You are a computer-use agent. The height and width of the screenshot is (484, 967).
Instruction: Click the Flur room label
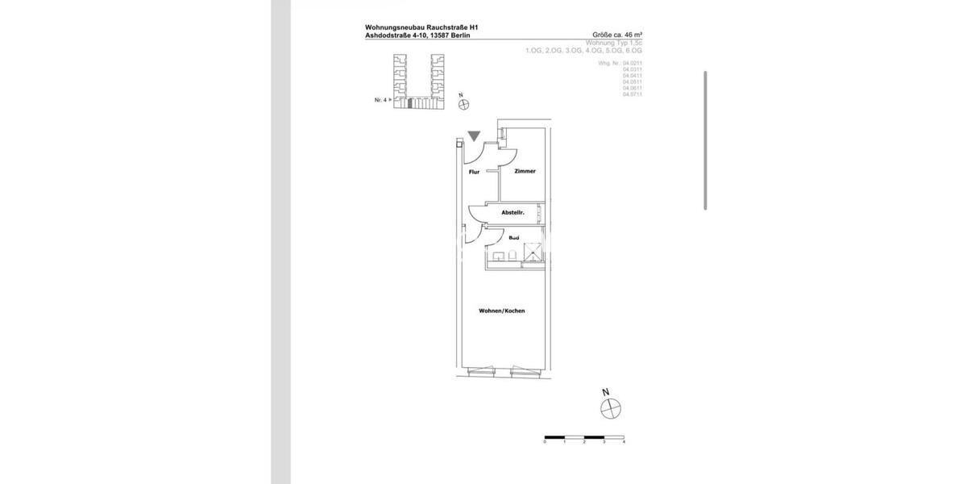click(x=474, y=171)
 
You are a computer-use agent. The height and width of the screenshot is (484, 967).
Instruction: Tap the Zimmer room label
click(x=525, y=171)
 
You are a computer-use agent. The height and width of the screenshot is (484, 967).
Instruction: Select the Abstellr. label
click(x=513, y=212)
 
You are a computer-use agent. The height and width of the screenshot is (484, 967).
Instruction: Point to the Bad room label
click(x=513, y=239)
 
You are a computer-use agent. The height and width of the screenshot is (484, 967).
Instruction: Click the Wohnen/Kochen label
click(x=501, y=311)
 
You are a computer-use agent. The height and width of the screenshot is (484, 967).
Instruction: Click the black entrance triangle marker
click(x=474, y=137)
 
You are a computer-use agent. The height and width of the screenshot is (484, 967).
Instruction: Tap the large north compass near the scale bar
click(x=612, y=409)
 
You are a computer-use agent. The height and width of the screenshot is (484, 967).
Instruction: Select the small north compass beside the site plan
click(x=463, y=103)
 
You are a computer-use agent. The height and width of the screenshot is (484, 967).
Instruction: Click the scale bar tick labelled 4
click(x=624, y=442)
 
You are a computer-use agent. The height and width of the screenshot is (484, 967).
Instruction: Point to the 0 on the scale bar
click(x=546, y=442)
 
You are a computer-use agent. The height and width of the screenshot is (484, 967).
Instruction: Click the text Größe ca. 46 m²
click(x=617, y=35)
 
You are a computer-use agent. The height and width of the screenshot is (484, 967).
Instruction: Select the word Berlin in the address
click(x=459, y=35)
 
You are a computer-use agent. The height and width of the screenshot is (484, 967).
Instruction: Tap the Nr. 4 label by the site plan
click(x=380, y=100)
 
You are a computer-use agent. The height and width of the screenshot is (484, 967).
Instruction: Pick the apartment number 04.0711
click(x=632, y=94)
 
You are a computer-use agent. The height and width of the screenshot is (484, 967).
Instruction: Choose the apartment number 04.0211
click(x=632, y=62)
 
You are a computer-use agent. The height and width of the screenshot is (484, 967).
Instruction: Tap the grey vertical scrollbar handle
click(x=706, y=140)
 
